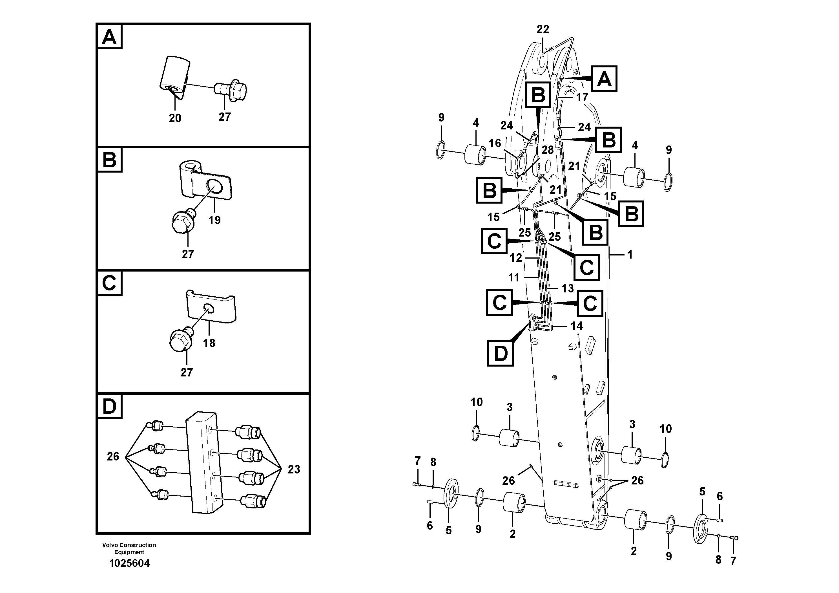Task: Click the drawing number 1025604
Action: tap(129, 563)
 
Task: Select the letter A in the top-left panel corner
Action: tap(109, 37)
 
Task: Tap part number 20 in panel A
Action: tap(175, 118)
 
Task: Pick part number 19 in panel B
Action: tap(214, 220)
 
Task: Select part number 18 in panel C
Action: tap(209, 343)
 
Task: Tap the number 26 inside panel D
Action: tap(113, 456)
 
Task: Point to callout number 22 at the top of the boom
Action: tap(543, 29)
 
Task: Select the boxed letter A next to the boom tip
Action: tap(604, 79)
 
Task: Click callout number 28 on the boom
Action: tap(547, 150)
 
